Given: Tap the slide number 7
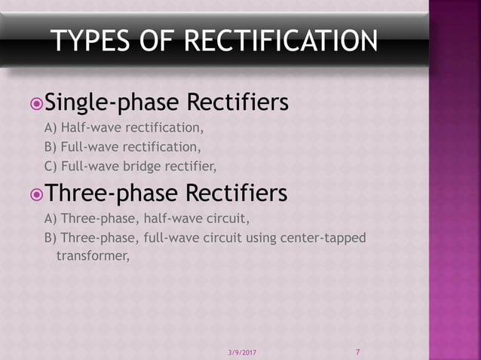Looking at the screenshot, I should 357,352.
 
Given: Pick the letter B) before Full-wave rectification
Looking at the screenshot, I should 51,146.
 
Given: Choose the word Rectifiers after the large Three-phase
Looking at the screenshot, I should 237,194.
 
